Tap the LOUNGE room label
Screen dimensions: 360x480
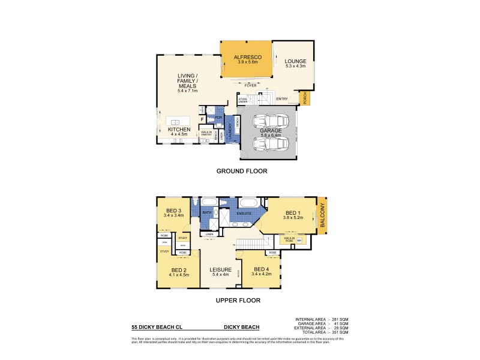click(x=295, y=61)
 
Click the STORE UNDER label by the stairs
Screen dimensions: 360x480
click(x=243, y=101)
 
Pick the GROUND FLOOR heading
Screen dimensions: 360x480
click(x=242, y=171)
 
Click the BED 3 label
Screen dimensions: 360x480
click(x=173, y=210)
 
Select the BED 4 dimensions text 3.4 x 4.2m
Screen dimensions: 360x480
click(x=262, y=274)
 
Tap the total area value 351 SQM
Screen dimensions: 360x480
click(x=339, y=332)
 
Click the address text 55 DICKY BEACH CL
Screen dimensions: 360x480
click(x=157, y=328)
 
